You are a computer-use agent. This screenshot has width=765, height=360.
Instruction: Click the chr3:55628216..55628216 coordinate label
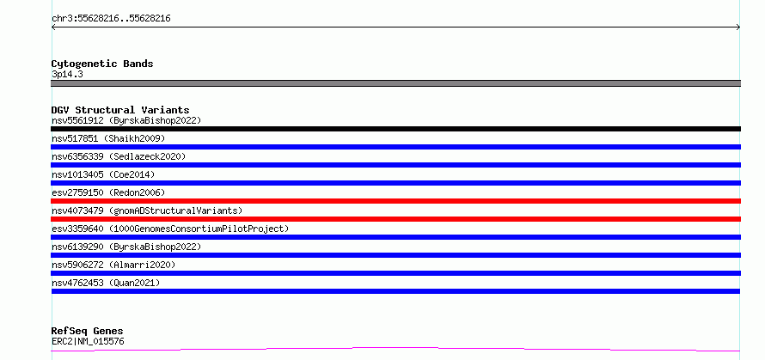click(111, 19)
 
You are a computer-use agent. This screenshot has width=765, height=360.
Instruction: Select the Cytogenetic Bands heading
click(102, 64)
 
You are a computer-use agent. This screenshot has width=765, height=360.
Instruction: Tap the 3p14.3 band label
click(67, 75)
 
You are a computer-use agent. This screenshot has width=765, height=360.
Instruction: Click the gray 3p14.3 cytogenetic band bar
click(395, 83)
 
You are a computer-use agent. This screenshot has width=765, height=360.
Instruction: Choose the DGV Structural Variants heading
click(120, 110)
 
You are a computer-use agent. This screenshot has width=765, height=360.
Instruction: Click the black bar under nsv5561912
click(395, 129)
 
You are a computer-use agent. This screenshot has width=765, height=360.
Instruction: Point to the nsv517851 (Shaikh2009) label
click(108, 138)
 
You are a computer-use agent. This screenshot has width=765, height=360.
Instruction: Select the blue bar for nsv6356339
click(395, 165)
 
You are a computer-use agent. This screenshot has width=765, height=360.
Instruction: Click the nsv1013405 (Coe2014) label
click(103, 174)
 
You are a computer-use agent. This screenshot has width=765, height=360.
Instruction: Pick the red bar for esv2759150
click(395, 201)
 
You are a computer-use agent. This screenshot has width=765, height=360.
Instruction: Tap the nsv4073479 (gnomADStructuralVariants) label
click(147, 211)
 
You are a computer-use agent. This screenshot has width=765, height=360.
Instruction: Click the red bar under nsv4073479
click(395, 219)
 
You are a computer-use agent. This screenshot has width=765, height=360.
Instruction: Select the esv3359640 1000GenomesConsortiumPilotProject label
click(170, 229)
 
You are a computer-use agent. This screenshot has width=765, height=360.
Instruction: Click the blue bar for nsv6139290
click(395, 255)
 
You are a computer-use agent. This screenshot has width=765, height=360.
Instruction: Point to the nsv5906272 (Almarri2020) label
click(113, 265)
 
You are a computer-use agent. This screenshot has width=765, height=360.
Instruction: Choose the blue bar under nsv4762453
click(395, 291)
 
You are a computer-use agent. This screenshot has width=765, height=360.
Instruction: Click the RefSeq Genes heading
click(88, 332)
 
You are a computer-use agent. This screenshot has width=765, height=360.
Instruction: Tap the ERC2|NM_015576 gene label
click(88, 341)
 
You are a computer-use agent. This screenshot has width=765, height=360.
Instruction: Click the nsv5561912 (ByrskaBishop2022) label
click(126, 120)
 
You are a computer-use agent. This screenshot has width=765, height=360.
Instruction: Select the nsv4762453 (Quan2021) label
click(106, 283)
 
